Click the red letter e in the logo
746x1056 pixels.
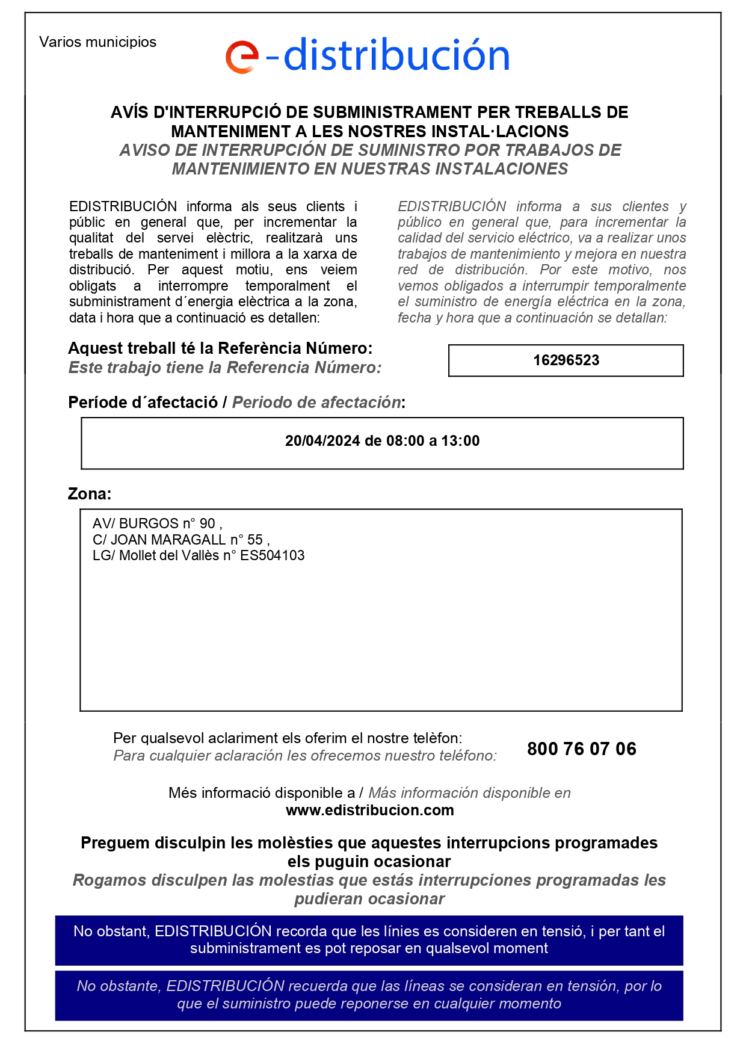tap(242, 57)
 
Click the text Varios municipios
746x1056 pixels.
tap(97, 42)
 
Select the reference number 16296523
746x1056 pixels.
tap(566, 360)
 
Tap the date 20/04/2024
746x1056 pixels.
tap(322, 441)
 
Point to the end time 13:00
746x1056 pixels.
tap(460, 441)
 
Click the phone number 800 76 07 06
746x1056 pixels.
tap(581, 749)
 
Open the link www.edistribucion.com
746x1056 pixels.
tap(369, 811)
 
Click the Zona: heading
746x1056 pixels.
tap(90, 494)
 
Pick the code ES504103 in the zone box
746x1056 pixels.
tap(273, 555)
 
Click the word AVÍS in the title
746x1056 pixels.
tap(129, 113)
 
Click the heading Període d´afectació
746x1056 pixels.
tap(143, 403)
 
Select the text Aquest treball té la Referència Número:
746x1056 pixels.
tap(220, 348)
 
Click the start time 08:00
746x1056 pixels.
tap(405, 441)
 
